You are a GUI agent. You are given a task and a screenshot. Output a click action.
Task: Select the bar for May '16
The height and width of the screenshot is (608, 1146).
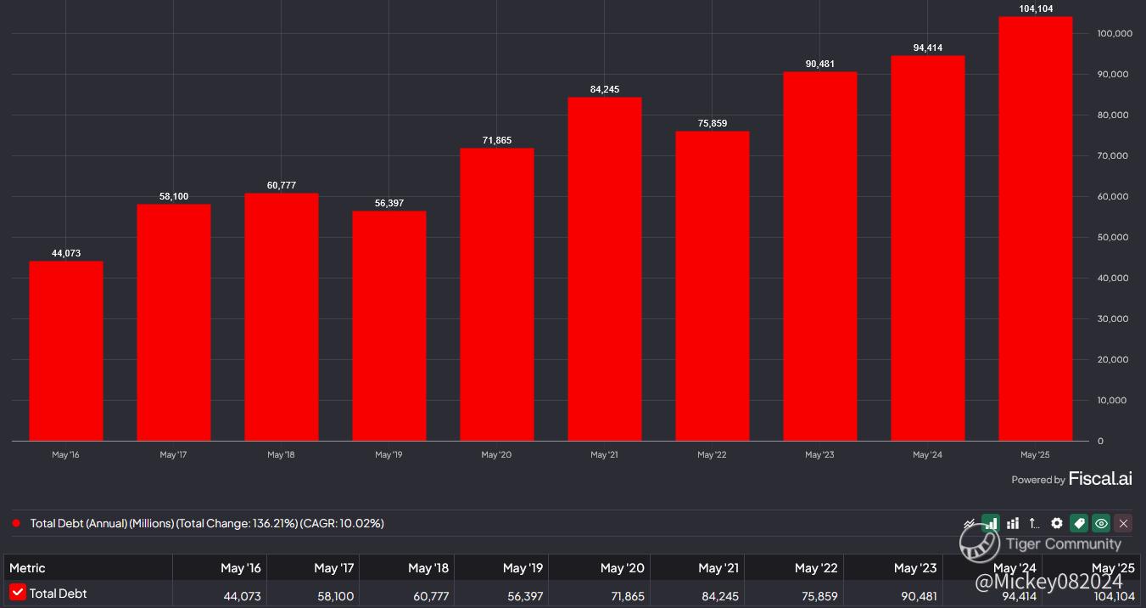(x=66, y=350)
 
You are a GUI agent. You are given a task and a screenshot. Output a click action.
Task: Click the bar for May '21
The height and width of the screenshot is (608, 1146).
(x=605, y=268)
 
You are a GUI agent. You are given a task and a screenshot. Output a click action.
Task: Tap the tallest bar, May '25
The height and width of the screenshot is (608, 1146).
(x=1036, y=228)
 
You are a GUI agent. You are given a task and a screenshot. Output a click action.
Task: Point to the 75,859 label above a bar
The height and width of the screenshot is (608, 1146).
(x=713, y=123)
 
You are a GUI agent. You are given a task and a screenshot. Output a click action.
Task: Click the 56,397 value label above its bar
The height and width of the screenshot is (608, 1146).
(x=389, y=203)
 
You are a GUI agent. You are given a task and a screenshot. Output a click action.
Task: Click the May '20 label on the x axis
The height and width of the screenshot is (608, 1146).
(x=496, y=455)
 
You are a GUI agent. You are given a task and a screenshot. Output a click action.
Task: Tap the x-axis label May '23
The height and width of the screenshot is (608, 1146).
(x=819, y=455)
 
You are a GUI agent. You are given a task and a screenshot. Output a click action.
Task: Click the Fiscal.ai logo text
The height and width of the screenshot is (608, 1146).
(x=1100, y=479)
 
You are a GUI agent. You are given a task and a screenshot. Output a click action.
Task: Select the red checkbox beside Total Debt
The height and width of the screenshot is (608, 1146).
(x=18, y=593)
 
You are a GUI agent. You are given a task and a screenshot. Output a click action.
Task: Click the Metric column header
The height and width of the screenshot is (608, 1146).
(x=27, y=567)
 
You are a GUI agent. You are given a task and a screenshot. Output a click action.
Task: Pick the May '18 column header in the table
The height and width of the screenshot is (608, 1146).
(x=428, y=567)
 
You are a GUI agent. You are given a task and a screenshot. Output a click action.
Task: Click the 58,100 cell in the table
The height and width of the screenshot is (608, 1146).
(x=335, y=595)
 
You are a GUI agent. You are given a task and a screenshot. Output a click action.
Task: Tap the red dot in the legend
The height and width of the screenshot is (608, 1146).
(x=16, y=523)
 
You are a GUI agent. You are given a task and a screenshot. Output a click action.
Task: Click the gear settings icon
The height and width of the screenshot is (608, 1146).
(x=1057, y=523)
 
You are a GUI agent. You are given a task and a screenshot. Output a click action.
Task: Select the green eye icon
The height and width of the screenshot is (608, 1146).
(x=1101, y=523)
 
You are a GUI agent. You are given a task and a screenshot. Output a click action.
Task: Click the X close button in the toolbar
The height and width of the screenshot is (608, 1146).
(x=1123, y=523)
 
